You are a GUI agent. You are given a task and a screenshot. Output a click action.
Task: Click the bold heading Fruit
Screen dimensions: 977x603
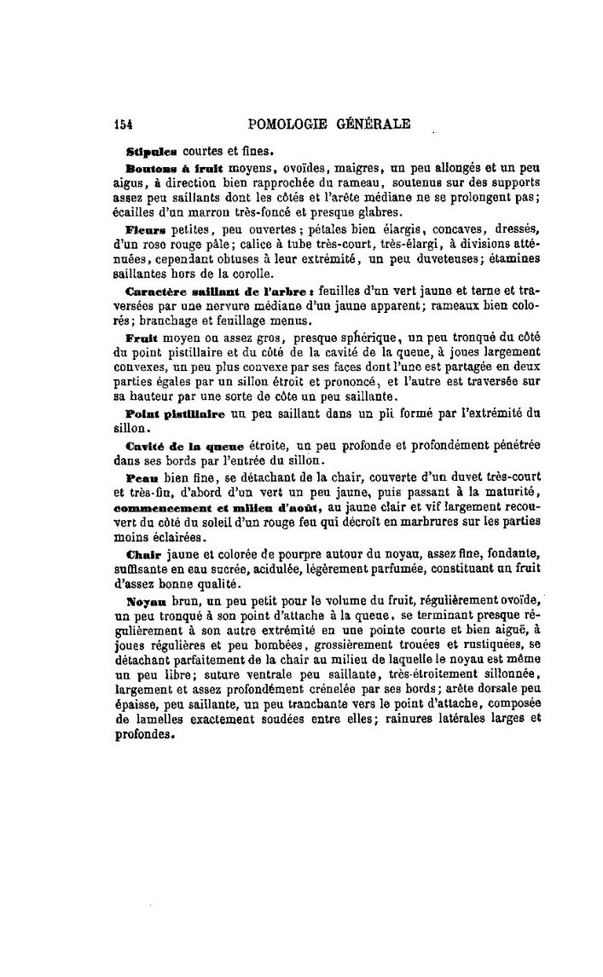tap(142, 338)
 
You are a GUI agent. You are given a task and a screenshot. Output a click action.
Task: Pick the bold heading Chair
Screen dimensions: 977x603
tap(142, 553)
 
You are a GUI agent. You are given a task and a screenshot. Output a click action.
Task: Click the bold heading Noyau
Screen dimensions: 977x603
tap(144, 599)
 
